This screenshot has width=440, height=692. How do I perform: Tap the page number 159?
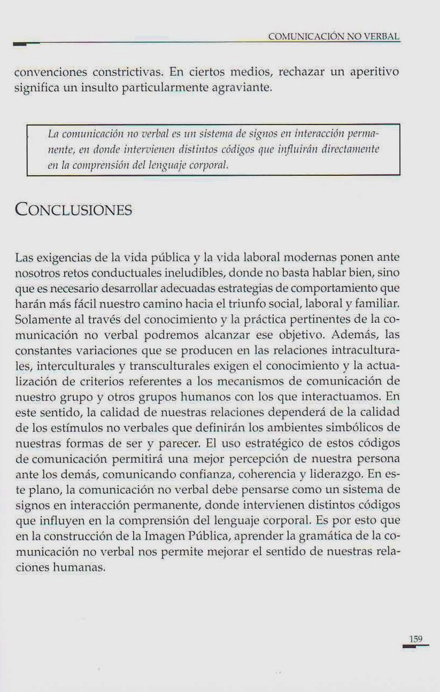click(x=416, y=639)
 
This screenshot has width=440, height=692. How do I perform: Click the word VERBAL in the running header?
click(x=382, y=37)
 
